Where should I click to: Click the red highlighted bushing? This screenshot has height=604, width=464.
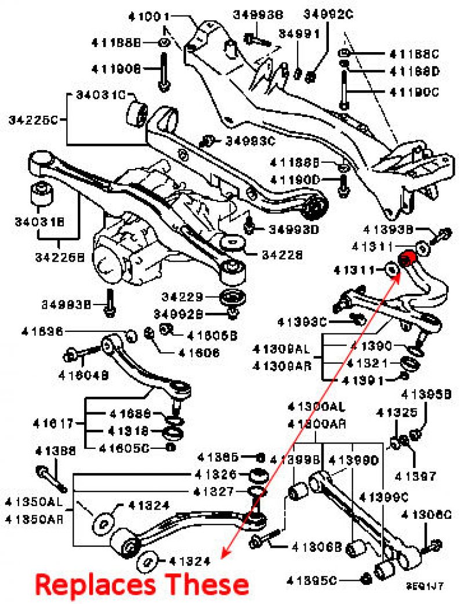405,259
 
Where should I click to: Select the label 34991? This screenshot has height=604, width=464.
299,34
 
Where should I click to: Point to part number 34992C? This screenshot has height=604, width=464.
328,13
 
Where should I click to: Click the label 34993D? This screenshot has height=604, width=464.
293,229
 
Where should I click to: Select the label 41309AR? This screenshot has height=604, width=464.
282,366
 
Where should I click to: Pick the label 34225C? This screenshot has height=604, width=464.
33,120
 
